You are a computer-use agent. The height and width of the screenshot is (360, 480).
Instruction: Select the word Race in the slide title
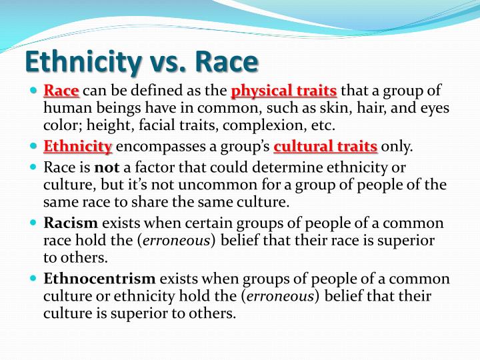coord(226,61)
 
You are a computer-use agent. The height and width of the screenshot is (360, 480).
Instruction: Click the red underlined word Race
coord(62,91)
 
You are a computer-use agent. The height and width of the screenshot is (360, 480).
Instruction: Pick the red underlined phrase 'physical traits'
coord(284,91)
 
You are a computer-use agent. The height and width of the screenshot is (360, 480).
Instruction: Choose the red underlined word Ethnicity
coord(78,146)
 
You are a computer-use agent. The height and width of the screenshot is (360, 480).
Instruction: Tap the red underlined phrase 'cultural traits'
coord(326,146)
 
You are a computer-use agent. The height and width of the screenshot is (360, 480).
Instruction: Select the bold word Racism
coord(71,223)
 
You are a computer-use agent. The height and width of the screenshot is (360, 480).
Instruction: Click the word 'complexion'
coord(259,125)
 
